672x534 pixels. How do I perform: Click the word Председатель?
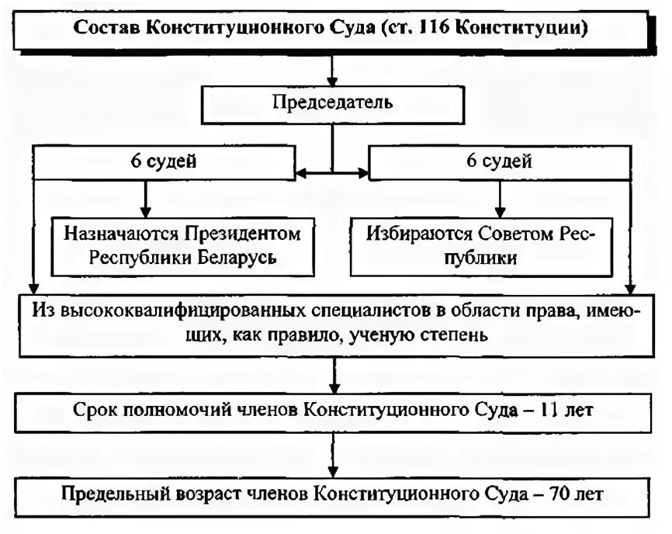pos(332,102)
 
